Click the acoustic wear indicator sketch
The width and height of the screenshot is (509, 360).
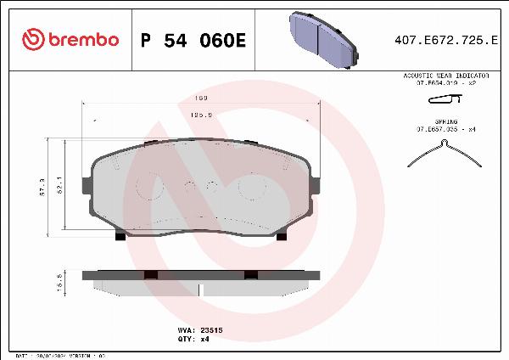pos(445,100)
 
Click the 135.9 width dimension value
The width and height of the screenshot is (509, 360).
pos(201,112)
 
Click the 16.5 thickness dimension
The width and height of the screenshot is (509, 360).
pos(59,283)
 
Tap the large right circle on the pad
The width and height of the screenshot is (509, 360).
pos(252,186)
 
